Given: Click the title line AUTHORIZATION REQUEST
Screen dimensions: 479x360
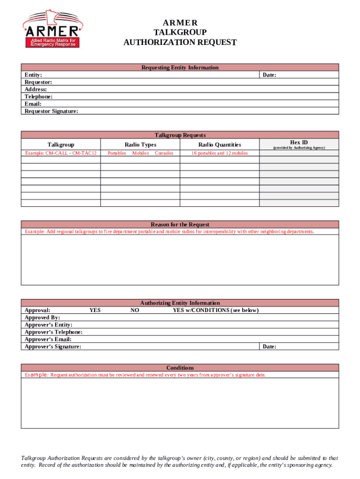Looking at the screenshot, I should tap(180, 43).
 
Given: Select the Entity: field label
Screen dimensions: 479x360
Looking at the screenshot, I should tap(33, 75).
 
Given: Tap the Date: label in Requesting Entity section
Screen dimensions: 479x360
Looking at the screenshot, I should tap(269, 75).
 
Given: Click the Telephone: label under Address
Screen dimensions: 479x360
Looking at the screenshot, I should tap(38, 96).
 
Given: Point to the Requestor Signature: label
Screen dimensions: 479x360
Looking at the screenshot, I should tap(51, 111).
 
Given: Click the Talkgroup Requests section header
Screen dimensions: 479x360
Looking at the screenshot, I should tap(180, 135).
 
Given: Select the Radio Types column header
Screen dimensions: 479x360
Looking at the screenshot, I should tap(140, 145).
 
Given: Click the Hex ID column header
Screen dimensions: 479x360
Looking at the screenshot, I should tap(299, 142).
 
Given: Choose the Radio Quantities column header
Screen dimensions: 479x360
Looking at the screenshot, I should tap(219, 145).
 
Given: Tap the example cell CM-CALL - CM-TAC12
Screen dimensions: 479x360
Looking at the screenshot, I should tap(61, 153).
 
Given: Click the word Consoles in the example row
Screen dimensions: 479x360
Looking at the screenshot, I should tap(164, 153).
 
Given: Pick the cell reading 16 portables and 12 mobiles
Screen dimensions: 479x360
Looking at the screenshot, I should tap(219, 153).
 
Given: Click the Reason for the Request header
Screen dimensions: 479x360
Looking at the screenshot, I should tap(180, 225).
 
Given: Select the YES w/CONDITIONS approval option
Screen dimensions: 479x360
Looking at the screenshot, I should tap(216, 310).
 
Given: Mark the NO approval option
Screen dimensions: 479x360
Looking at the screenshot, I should tap(135, 310).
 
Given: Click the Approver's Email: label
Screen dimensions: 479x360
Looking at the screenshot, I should tap(48, 339).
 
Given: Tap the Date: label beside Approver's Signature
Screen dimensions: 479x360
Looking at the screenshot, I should tap(269, 347).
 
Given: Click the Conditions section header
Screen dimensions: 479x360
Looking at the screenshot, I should tap(180, 368).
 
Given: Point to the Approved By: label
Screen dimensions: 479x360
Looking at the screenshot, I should tap(42, 318).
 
